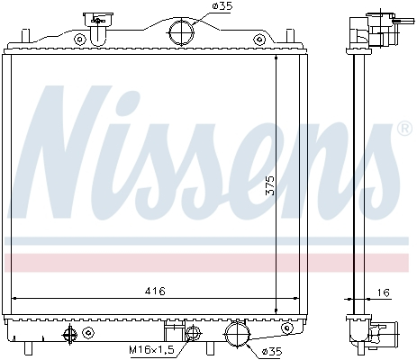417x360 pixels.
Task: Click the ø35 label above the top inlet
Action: pyautogui.click(x=222, y=8)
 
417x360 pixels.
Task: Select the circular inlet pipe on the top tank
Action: pyautogui.click(x=181, y=32)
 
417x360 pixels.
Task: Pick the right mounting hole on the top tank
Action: pyautogui.click(x=260, y=39)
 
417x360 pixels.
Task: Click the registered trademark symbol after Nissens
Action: pyautogui.click(x=405, y=130)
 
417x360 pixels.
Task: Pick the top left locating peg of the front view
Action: pyautogui.click(x=27, y=34)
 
